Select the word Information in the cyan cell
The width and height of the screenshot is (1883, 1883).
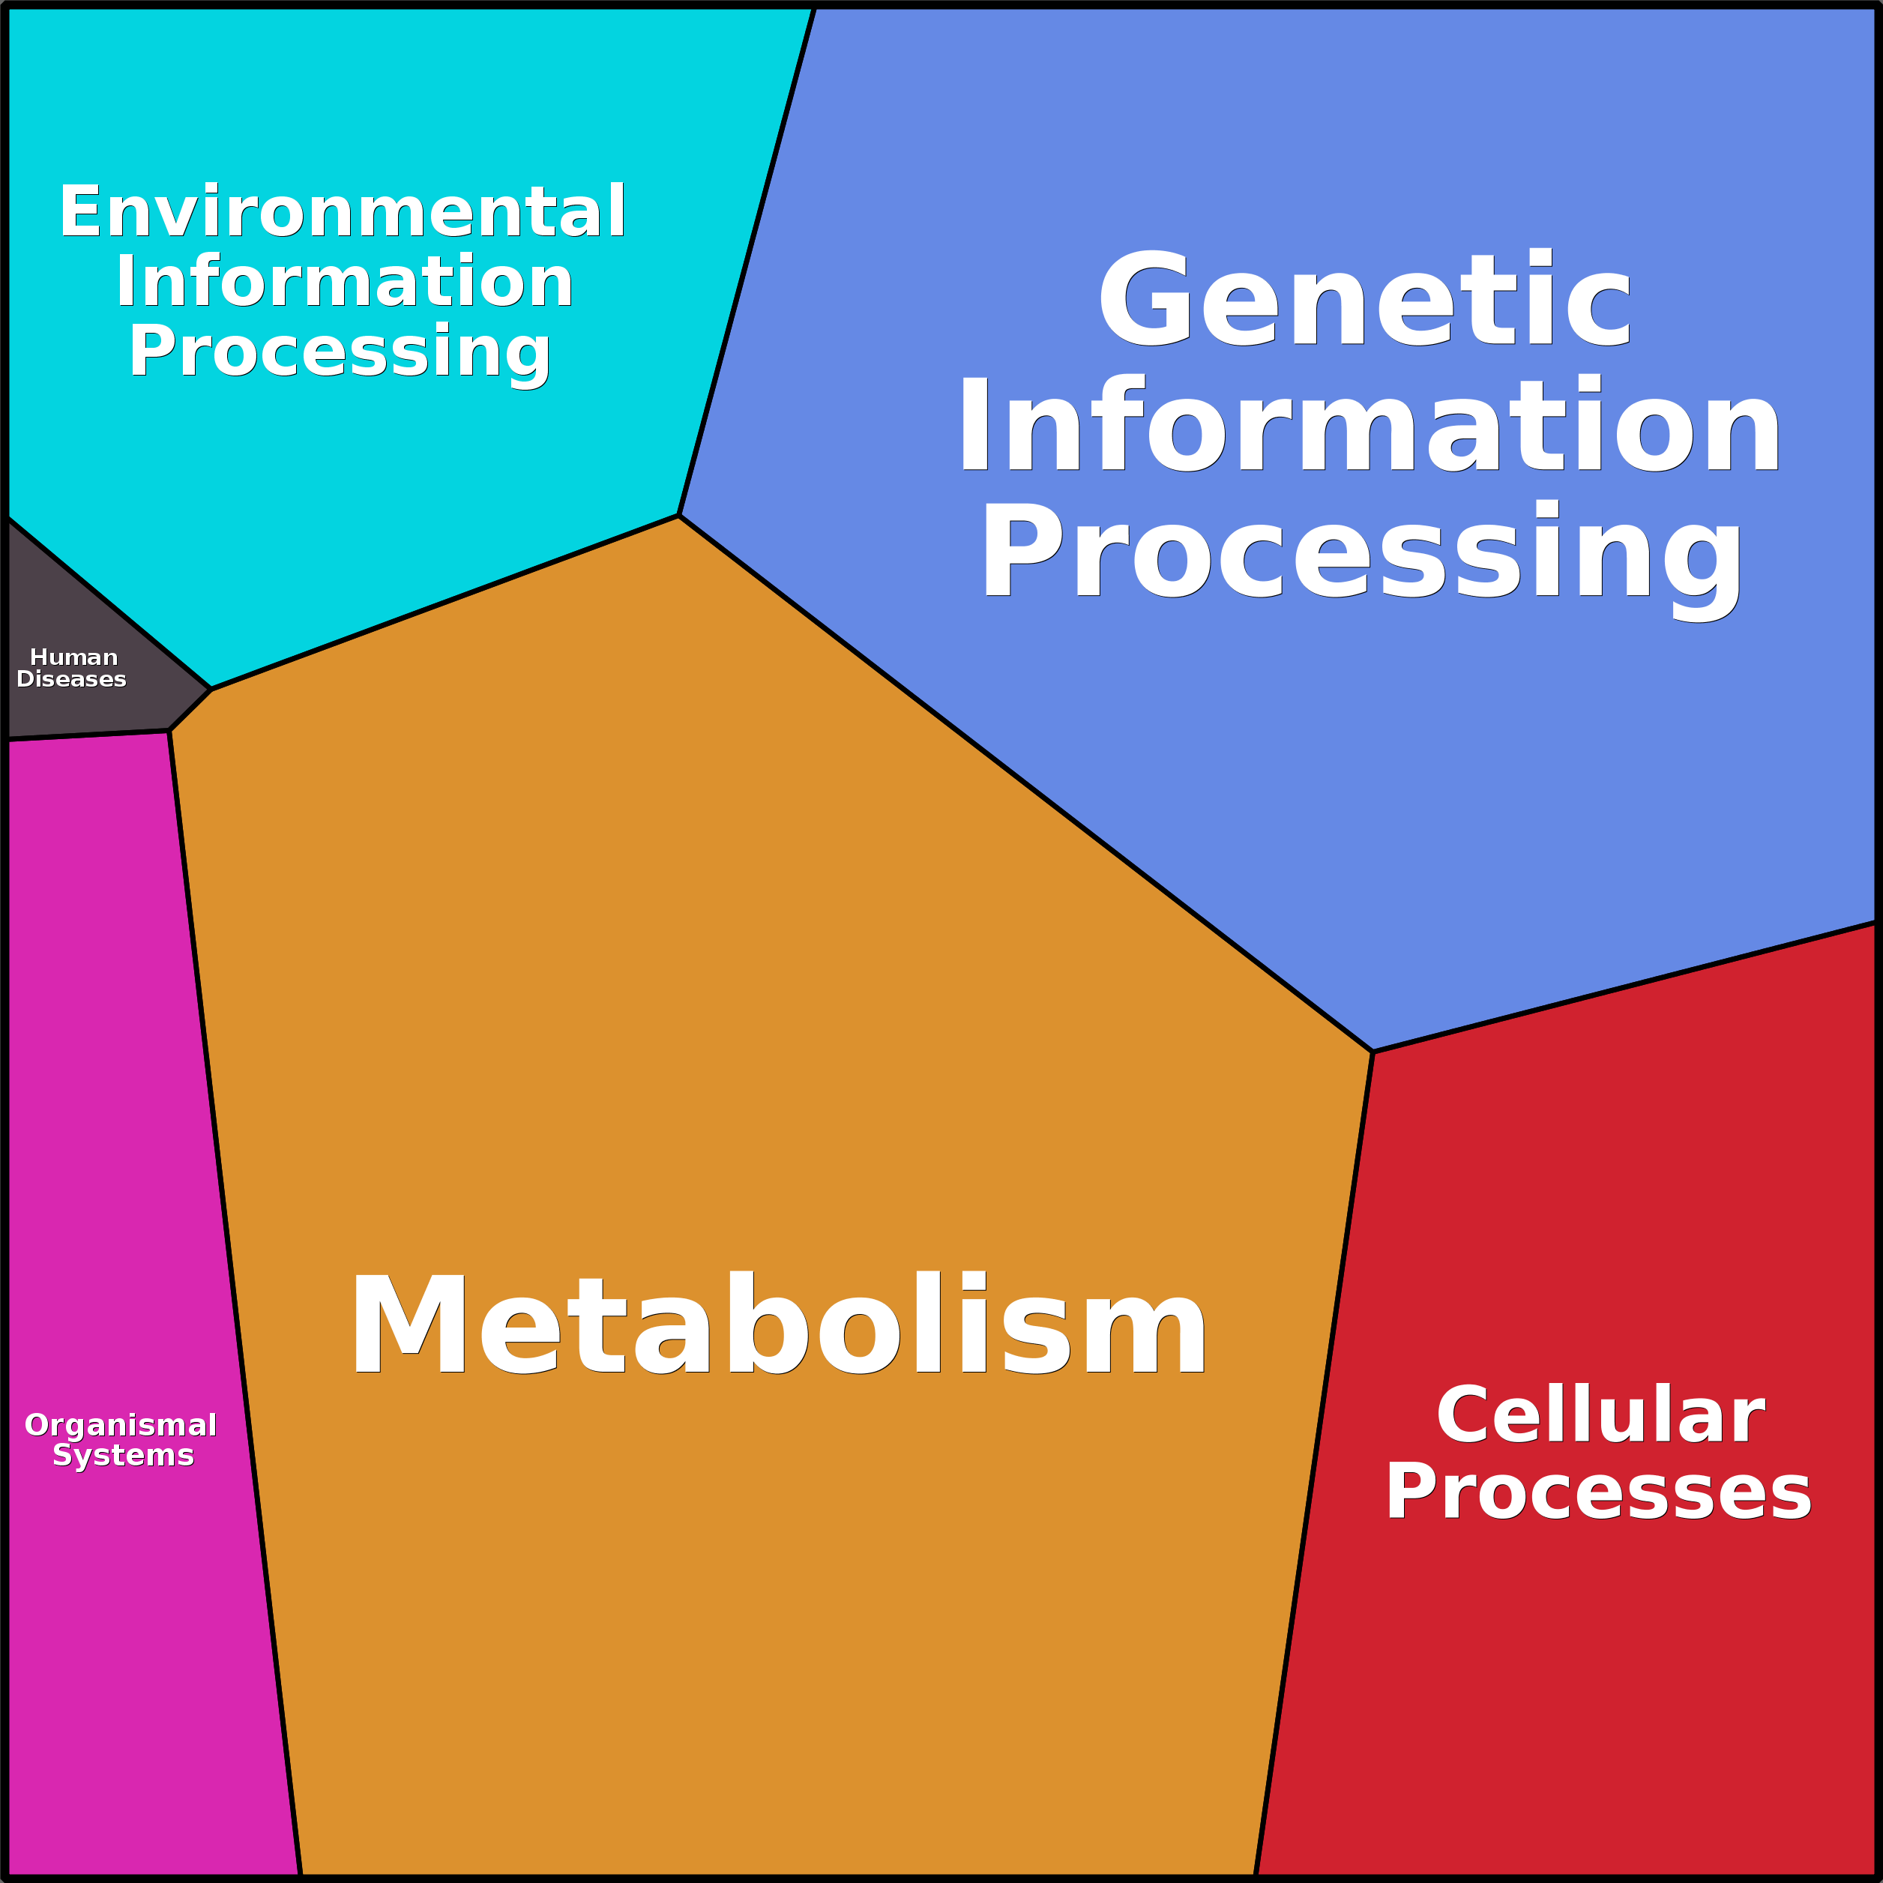tap(344, 283)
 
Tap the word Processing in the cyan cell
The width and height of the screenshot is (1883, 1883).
tap(340, 351)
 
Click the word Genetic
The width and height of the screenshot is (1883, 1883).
tap(1364, 300)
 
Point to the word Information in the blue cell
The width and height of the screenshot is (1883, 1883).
tap(1370, 425)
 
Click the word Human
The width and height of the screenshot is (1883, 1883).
tap(74, 658)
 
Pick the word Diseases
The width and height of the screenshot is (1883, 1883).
tap(71, 679)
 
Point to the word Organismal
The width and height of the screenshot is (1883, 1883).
tap(121, 1426)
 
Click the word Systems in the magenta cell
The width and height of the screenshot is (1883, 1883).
tap(124, 1455)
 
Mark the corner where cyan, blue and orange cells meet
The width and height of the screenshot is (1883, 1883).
tap(678, 516)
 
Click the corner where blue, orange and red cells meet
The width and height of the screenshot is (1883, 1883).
tap(1373, 1052)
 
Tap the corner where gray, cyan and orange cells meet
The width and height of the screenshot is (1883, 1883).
tap(211, 689)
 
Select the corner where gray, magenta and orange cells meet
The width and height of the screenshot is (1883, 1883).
tap(169, 731)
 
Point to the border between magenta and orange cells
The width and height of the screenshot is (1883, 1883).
tap(234, 1296)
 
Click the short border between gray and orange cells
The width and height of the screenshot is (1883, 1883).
tap(191, 710)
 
